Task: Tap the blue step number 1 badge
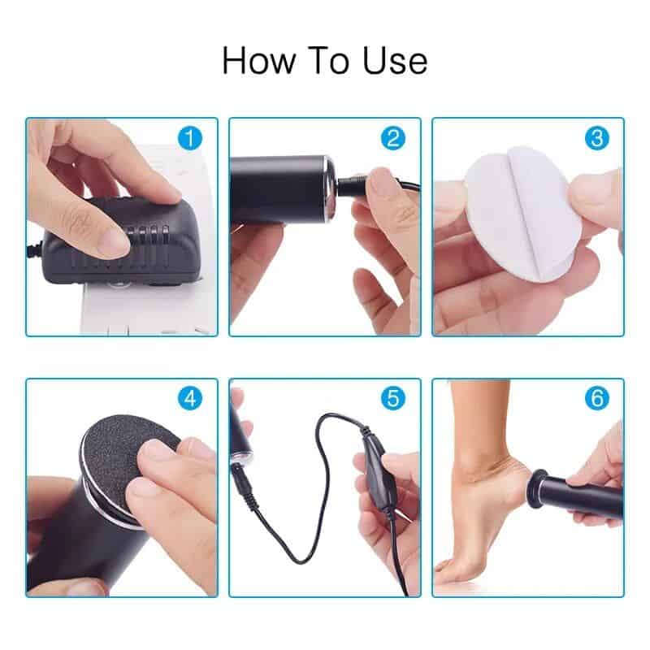pyautogui.click(x=190, y=139)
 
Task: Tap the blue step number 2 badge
pyautogui.click(x=393, y=139)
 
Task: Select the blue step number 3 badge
pyautogui.click(x=597, y=139)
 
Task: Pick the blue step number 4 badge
pyautogui.click(x=190, y=399)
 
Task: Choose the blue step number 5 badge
pyautogui.click(x=393, y=399)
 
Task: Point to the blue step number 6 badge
pyautogui.click(x=597, y=399)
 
